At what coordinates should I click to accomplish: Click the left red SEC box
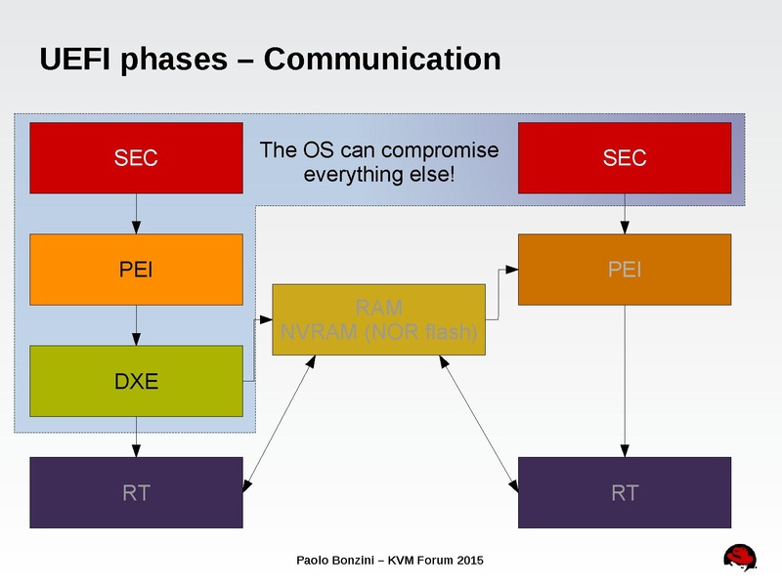click(x=136, y=157)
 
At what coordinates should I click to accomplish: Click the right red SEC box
click(x=624, y=157)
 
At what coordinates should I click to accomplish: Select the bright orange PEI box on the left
click(x=136, y=270)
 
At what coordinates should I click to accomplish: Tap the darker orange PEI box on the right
click(x=624, y=270)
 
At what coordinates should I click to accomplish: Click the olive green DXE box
click(x=136, y=381)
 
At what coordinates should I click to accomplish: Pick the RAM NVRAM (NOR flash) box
click(x=378, y=319)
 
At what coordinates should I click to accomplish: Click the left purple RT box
click(x=136, y=492)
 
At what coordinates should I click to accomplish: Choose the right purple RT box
click(x=624, y=492)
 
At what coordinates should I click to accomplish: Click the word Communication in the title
click(x=382, y=60)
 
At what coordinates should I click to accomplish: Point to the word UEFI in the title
click(x=75, y=60)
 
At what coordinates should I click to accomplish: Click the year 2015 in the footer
click(x=468, y=560)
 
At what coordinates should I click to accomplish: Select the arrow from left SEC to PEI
click(x=136, y=214)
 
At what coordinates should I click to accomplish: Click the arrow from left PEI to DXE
click(x=136, y=325)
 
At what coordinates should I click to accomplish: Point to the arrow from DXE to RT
click(x=136, y=437)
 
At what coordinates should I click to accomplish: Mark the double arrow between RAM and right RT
click(x=478, y=420)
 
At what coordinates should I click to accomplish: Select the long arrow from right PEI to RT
click(x=624, y=381)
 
